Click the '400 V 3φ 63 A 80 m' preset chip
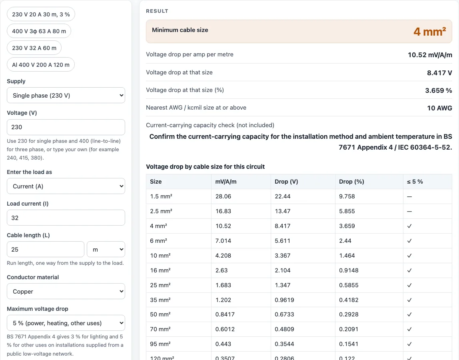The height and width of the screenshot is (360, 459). coord(39,31)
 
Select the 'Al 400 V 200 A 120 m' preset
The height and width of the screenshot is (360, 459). coord(41,64)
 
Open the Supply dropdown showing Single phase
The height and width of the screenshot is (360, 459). coord(66,95)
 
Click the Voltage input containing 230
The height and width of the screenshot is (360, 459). coord(66,127)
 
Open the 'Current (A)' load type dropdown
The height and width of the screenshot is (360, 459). coord(66,186)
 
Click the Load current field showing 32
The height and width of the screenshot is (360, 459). coord(66,218)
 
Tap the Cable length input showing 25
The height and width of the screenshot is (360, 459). coord(45,249)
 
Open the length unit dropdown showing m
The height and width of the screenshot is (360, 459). coord(106,249)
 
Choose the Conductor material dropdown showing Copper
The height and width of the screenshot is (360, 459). coord(66,291)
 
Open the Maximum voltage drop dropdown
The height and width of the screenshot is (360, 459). coord(66,323)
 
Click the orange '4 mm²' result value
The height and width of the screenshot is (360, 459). coord(430,32)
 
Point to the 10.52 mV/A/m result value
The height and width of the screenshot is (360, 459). coord(430,55)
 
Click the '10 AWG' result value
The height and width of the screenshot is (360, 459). coord(440,108)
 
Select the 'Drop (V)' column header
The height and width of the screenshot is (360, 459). coord(286,182)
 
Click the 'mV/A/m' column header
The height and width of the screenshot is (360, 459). coord(226,182)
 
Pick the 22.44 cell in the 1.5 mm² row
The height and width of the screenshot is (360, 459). coord(283,196)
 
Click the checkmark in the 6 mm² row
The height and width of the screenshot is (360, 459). coord(409,241)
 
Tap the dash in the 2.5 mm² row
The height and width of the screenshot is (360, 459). coord(409,211)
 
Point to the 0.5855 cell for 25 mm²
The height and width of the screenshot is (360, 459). coord(349,285)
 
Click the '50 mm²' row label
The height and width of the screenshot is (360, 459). coord(160,314)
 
